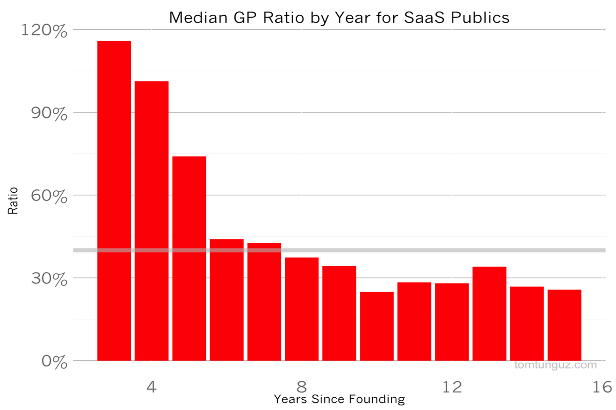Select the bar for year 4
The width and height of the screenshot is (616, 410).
point(151,221)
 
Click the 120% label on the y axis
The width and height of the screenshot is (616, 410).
point(45,31)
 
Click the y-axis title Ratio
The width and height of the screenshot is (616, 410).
point(13,201)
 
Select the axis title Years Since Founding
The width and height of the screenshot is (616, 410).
point(339,399)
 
